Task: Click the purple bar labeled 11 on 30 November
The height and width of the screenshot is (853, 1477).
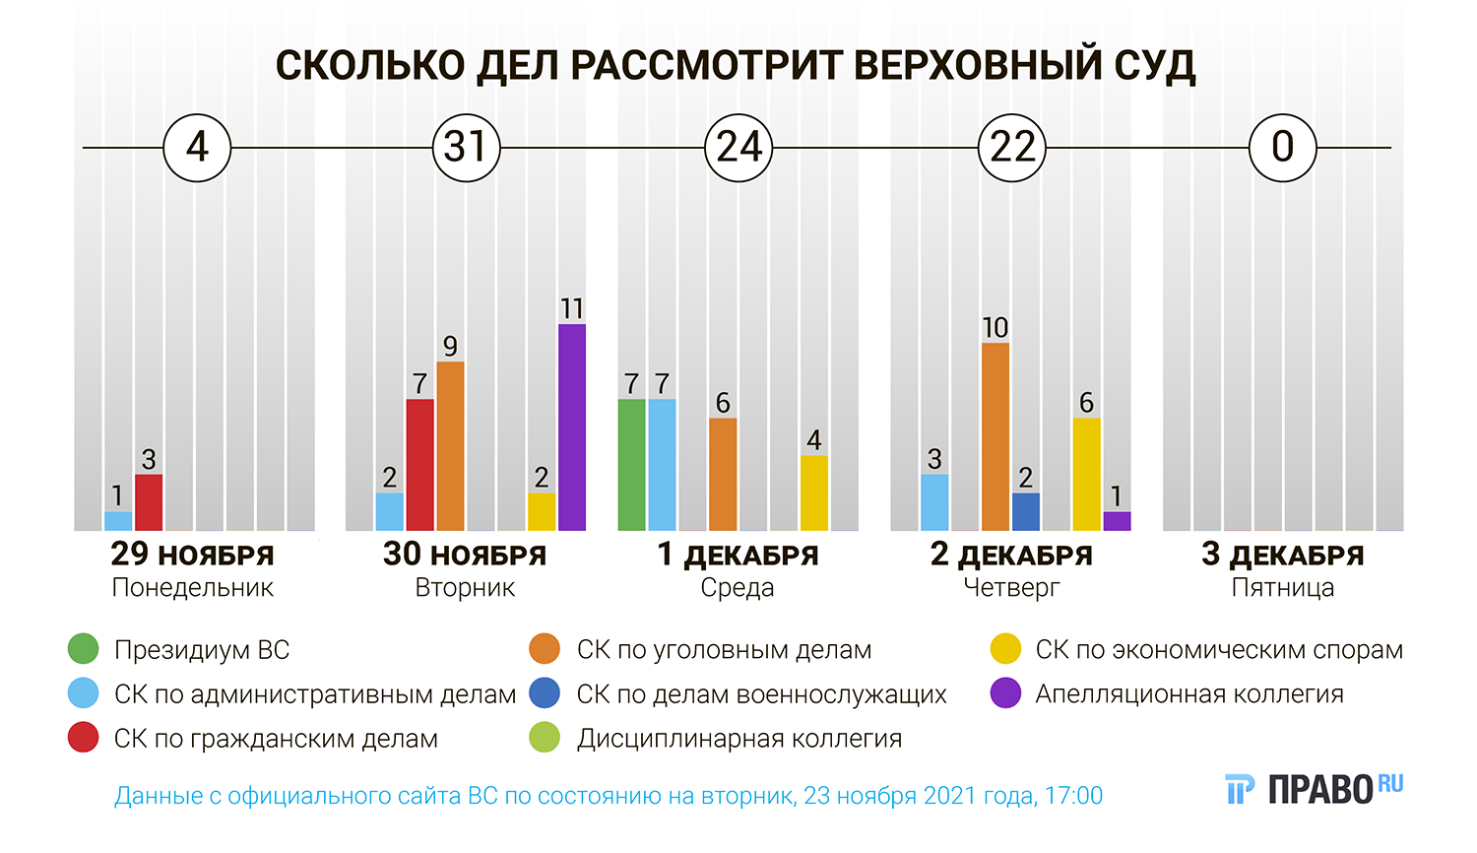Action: coord(571,427)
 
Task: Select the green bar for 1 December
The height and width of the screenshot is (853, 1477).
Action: coord(631,465)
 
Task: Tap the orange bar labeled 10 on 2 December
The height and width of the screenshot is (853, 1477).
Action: coord(995,436)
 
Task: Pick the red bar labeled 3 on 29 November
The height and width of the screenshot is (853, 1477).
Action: coord(149,502)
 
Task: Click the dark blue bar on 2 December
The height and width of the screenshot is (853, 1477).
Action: coord(1025,512)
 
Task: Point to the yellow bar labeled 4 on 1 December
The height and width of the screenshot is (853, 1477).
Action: coord(813,492)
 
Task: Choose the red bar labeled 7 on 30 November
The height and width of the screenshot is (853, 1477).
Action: coord(419,465)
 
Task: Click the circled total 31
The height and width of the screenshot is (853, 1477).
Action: coord(467,148)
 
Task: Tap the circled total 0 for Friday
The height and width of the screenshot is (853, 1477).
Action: coord(1282,148)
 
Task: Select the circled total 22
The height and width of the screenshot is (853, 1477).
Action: coord(1012,148)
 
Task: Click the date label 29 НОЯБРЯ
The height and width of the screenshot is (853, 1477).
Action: coord(192,555)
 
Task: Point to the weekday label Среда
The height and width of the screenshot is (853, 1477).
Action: coord(738,588)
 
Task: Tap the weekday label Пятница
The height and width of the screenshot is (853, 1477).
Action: coord(1282,588)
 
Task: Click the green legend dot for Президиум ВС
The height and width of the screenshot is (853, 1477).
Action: coord(84,649)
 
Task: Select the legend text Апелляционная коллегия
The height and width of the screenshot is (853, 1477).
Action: coord(1188,694)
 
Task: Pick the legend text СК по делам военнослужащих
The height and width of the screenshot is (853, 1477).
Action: coord(761,694)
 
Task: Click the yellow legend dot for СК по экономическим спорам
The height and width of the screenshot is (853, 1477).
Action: coord(1005,649)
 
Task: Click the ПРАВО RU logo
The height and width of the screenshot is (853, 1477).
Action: coord(1315,789)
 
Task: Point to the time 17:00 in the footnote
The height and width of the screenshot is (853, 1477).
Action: coord(1073,796)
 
